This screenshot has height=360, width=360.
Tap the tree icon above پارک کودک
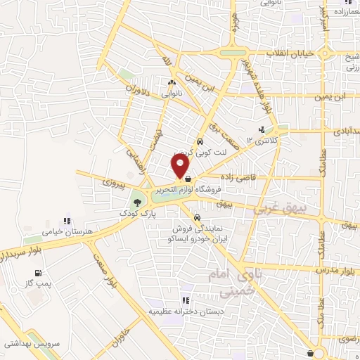pyautogui.click(x=137, y=204)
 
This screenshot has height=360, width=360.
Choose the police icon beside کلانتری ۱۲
pyautogui.click(x=262, y=129)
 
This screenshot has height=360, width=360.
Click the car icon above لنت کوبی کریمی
pyautogui.click(x=200, y=141)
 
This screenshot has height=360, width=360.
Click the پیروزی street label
pyautogui.click(x=113, y=182)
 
